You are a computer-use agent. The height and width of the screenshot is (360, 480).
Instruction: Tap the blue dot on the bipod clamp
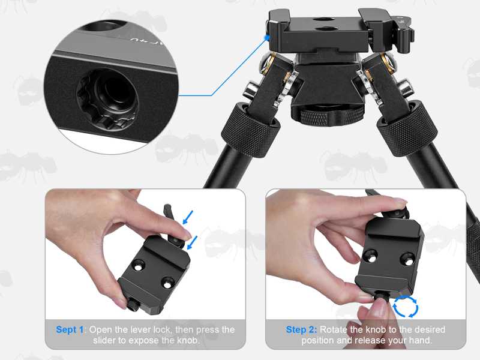pos(266,38)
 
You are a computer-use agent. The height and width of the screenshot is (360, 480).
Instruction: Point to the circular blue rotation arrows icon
pos(406,306)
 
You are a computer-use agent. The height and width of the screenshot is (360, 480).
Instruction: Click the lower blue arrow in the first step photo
pos(192,242)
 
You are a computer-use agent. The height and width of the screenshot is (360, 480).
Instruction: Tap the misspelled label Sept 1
pos(70,330)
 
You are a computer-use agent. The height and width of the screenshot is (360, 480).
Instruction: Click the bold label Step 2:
pos(301,330)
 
